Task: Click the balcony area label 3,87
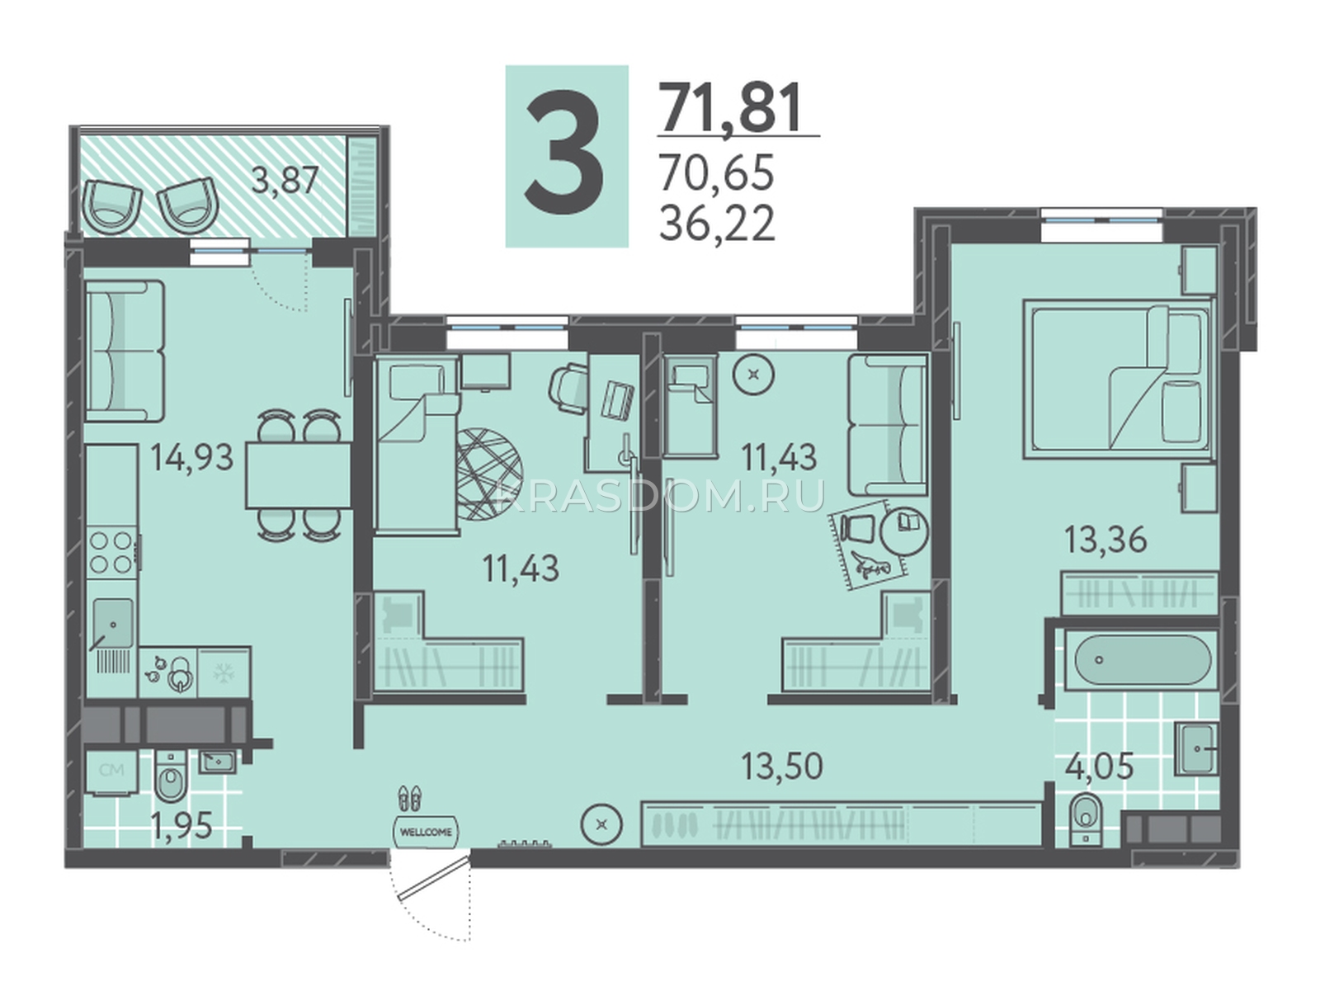tap(284, 180)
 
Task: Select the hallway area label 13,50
tap(782, 766)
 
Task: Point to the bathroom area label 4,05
tap(1099, 767)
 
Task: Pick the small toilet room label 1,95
tap(181, 826)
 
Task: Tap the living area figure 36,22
tap(717, 223)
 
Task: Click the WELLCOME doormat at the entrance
tap(425, 832)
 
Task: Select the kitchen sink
tap(112, 623)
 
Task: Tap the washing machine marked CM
tap(111, 772)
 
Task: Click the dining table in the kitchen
tap(299, 475)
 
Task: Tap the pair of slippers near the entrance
tap(410, 797)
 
